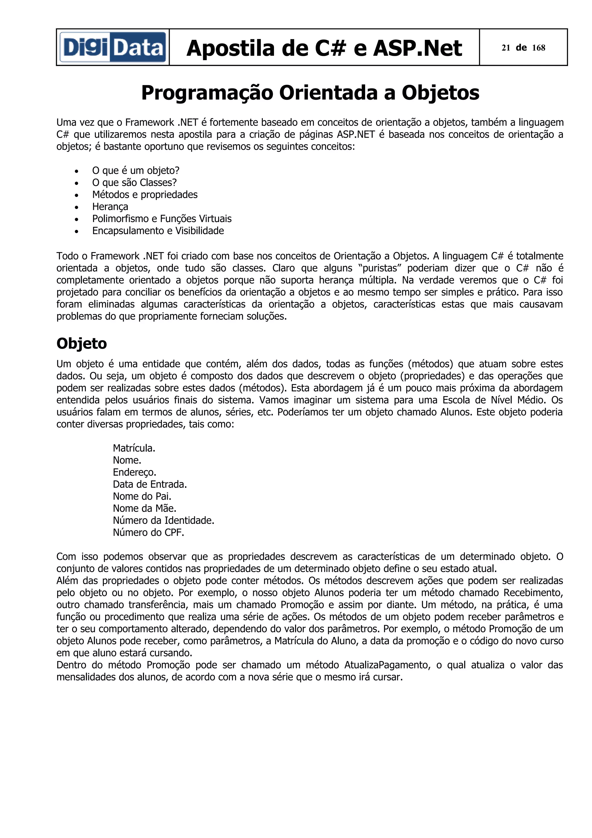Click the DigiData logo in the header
pos(113,47)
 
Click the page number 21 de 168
pos(523,48)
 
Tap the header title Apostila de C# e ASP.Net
pos(324,48)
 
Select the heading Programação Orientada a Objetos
pos(310,93)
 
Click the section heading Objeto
pos(82,344)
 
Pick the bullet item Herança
pos(110,206)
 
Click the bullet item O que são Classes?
pos(134,182)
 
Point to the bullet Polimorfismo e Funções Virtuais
pos(162,219)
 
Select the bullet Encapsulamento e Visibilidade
pos(158,231)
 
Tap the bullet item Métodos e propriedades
pos(145,195)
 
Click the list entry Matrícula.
pos(134,448)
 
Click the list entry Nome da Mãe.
pos(145,508)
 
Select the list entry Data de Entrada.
pos(149,484)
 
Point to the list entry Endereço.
pos(134,472)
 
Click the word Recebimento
pos(533,593)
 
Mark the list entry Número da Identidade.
pos(163,520)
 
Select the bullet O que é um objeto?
pos(136,170)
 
